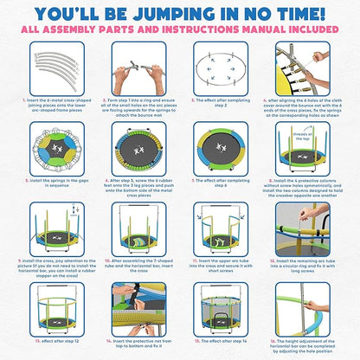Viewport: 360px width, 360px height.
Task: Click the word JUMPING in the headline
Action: [182, 14]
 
